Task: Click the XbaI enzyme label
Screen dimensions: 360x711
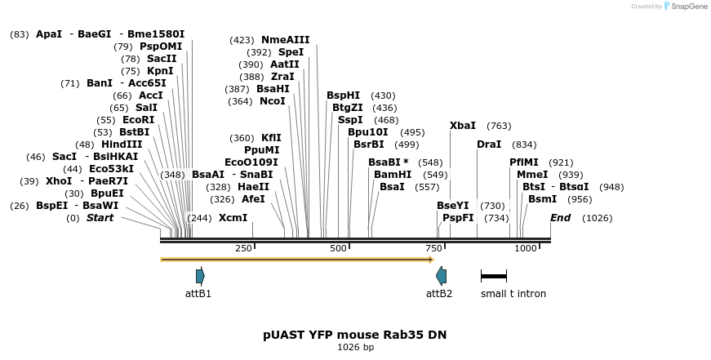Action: tap(463, 126)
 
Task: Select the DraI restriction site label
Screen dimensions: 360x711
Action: tap(489, 144)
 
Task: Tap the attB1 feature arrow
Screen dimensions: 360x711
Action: tap(200, 275)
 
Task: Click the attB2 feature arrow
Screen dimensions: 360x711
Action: tap(441, 275)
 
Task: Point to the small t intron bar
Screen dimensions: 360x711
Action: tap(494, 277)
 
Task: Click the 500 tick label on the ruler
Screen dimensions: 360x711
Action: tap(338, 248)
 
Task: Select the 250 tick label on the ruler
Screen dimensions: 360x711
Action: tap(243, 248)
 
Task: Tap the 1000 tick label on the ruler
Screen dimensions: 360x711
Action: tap(525, 248)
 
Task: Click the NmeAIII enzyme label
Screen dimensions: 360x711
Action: tap(285, 40)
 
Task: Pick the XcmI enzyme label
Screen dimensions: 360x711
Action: tap(233, 218)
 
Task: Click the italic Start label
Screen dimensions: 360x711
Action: tap(100, 218)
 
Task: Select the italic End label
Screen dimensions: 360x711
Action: tap(560, 218)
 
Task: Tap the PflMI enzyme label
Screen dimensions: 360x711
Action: tap(524, 162)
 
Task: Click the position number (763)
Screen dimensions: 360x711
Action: tap(499, 126)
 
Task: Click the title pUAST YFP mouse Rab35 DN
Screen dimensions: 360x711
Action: tap(355, 335)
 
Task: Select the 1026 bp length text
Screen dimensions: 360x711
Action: tap(355, 348)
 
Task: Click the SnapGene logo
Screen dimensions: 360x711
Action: tap(687, 7)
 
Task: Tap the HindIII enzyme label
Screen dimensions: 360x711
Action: tap(122, 144)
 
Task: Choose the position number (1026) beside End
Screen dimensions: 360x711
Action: tap(597, 218)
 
